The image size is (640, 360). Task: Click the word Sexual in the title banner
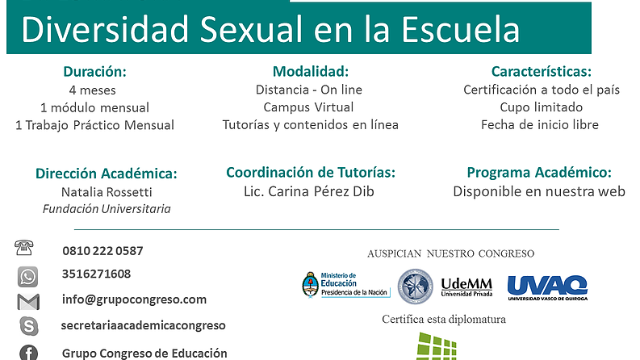coord(251,29)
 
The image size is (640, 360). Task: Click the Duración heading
coord(94,71)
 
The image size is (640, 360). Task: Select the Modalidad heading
coord(311,71)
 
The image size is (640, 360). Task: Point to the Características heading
coord(542,71)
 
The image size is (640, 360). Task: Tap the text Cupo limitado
coord(542,107)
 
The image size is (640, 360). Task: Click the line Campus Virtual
coord(308,107)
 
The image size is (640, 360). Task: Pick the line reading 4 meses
coord(93,90)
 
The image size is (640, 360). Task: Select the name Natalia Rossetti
coord(107,192)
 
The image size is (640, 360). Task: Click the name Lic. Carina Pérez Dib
coord(309,191)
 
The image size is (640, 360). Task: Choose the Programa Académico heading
coord(539,172)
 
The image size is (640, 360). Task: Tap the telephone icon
coord(23,248)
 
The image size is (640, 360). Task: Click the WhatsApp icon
coord(27,277)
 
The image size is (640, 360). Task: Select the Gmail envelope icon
coord(28,302)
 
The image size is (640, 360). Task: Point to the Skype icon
coord(29,326)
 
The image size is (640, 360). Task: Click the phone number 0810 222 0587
coord(102,250)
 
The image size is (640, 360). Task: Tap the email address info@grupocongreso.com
coord(134,299)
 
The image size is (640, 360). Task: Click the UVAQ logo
coord(547,287)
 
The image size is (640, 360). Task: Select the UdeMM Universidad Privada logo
coord(466,287)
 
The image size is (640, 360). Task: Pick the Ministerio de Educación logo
coord(345,285)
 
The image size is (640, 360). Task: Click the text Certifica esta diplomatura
coord(444,319)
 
